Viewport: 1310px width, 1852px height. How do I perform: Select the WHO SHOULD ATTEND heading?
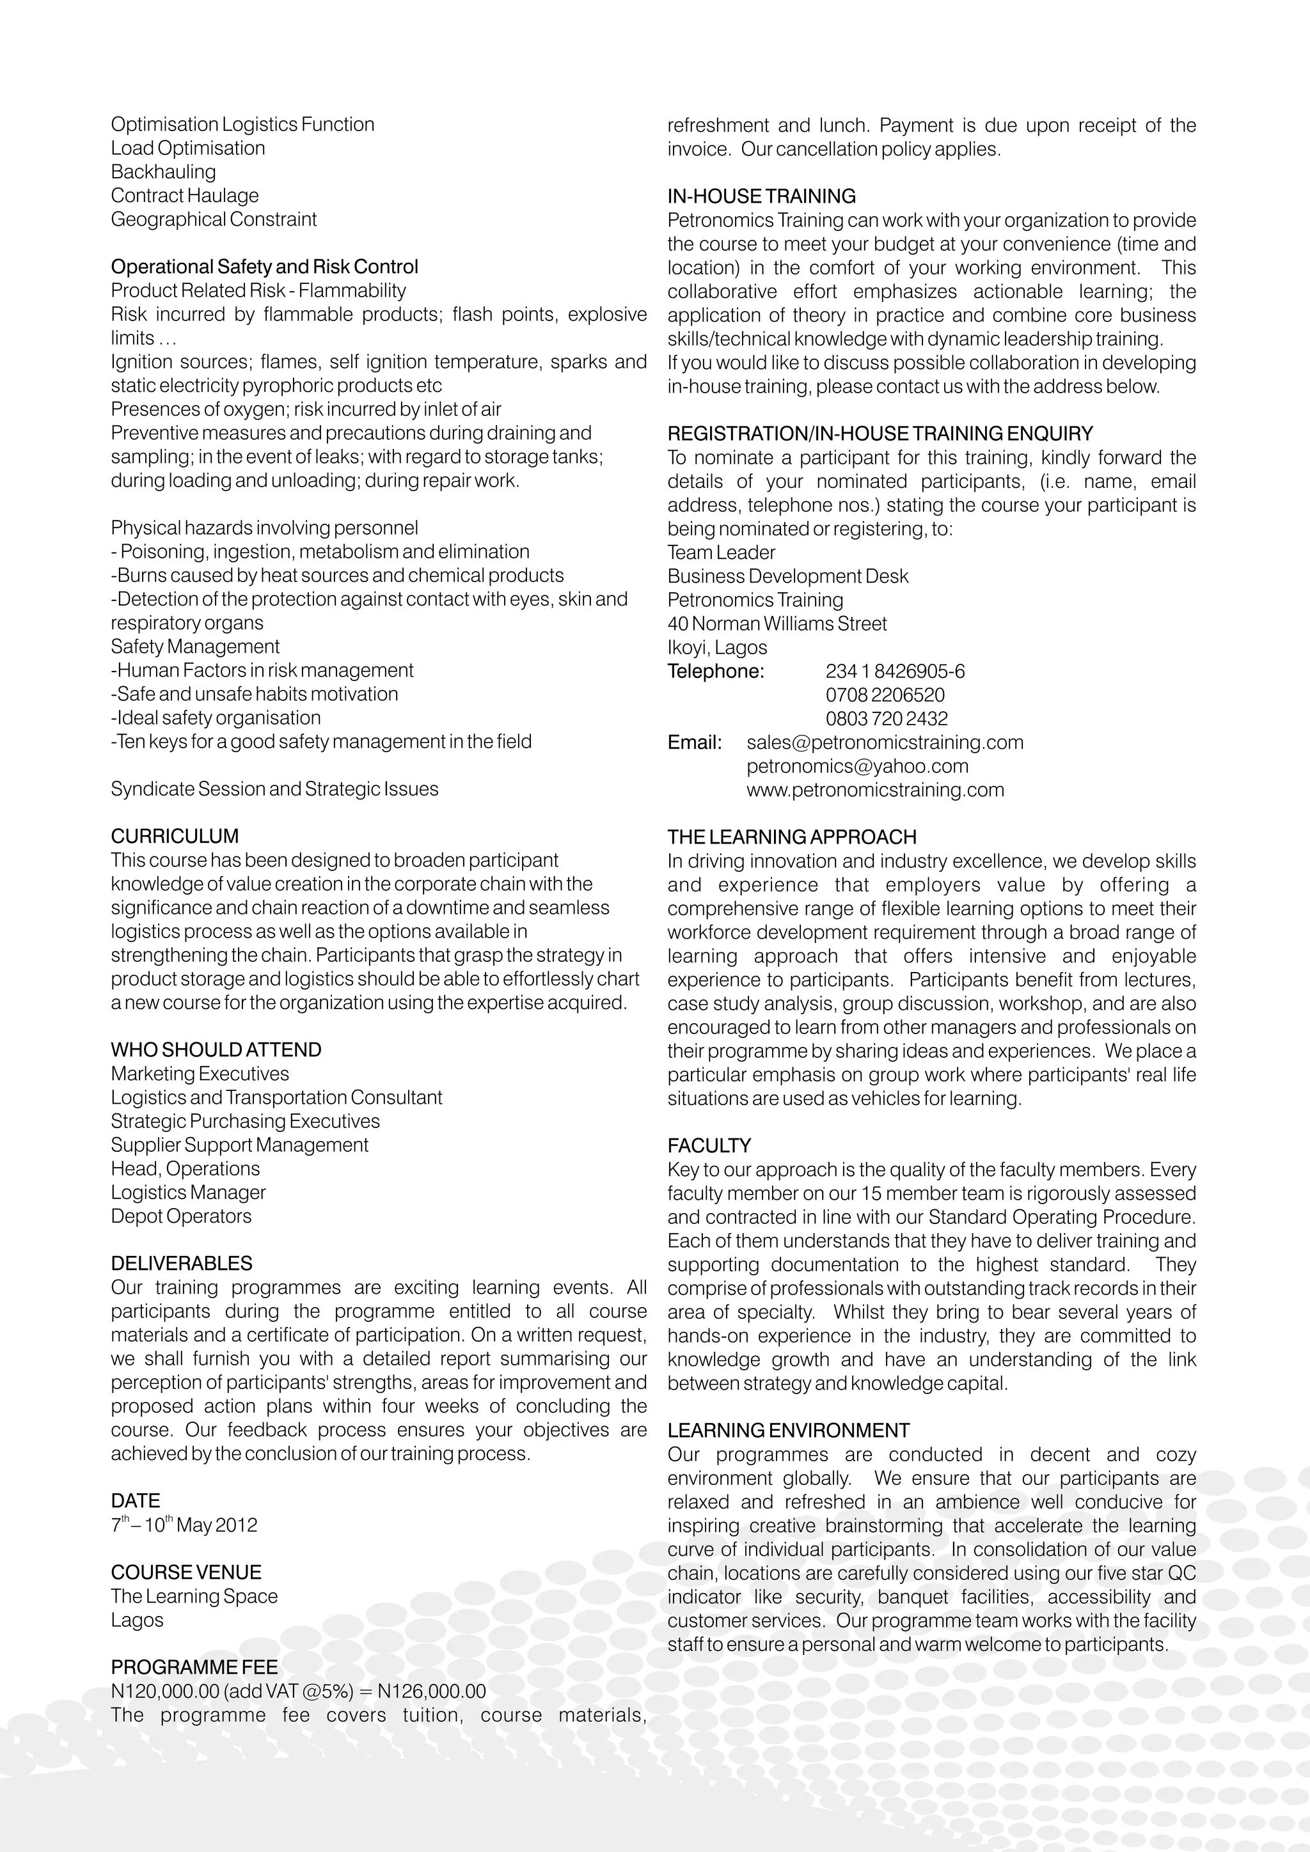[x=216, y=1049]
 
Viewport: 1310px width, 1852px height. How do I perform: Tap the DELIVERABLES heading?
[x=182, y=1263]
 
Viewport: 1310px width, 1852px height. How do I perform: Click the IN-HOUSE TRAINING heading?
[x=761, y=196]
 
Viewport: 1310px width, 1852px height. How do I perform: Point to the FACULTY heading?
[x=708, y=1145]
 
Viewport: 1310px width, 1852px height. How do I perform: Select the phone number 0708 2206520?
[x=884, y=694]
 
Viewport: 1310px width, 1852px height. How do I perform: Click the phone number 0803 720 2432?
[x=886, y=718]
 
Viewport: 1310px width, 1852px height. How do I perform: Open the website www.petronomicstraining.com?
[x=874, y=789]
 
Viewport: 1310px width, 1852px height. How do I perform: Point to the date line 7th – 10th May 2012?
[x=184, y=1525]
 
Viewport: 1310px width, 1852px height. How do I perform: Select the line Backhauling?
[x=163, y=172]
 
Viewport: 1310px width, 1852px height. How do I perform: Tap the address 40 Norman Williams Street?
[x=776, y=624]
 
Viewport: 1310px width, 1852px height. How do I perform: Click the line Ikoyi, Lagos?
[x=716, y=647]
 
